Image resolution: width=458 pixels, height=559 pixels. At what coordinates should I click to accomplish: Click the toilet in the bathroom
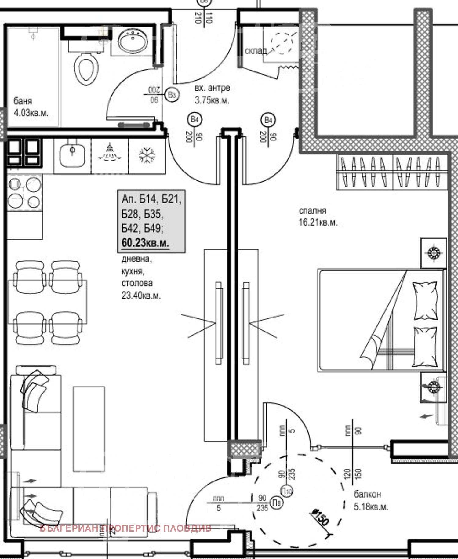point(86,69)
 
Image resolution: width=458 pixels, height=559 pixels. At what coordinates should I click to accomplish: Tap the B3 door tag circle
point(172,95)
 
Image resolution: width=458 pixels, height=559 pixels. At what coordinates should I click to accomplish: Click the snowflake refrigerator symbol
point(147,155)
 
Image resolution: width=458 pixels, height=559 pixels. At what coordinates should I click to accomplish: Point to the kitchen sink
point(72,155)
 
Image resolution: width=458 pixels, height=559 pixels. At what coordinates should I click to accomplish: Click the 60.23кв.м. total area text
point(145,243)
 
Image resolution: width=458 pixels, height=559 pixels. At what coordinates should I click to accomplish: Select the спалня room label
point(312,211)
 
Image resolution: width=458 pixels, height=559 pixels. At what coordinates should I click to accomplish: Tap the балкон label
point(367,494)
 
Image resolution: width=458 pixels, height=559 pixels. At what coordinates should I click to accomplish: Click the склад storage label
point(256,51)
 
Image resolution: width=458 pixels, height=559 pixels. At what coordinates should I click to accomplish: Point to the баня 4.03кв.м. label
point(31,107)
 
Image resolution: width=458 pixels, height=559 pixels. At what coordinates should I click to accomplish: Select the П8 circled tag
point(277,503)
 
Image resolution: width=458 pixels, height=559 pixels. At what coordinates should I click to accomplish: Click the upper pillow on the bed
point(425,300)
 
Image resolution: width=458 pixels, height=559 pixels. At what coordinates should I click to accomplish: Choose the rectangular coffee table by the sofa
point(89,429)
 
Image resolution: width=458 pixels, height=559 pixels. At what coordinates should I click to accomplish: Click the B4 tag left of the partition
point(194,119)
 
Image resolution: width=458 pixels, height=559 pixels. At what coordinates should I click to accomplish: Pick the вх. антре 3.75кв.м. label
point(212,94)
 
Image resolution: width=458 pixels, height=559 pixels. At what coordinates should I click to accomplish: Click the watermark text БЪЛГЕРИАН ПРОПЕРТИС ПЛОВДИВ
point(125,528)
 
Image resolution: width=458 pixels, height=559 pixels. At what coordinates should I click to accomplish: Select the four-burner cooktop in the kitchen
point(24,193)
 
